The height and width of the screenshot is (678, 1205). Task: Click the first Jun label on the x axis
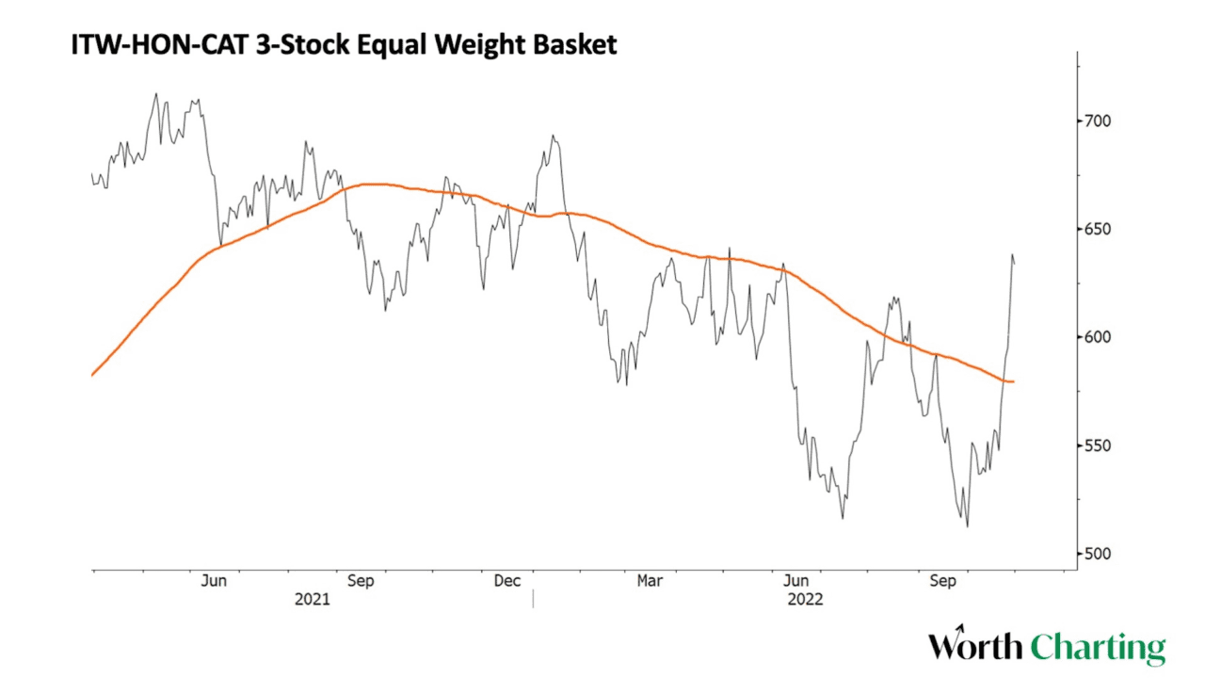(214, 581)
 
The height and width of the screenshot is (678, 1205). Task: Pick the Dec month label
(507, 581)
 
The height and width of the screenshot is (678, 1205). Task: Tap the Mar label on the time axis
(650, 581)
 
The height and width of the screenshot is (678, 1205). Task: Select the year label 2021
(313, 599)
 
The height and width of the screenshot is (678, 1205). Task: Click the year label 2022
(805, 599)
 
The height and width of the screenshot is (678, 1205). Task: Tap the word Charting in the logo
(1097, 647)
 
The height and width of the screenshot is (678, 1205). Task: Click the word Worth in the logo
(975, 647)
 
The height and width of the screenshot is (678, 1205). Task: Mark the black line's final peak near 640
(1013, 254)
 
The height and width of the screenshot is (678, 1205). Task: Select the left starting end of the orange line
(92, 375)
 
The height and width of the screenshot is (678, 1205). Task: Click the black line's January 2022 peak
(554, 136)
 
